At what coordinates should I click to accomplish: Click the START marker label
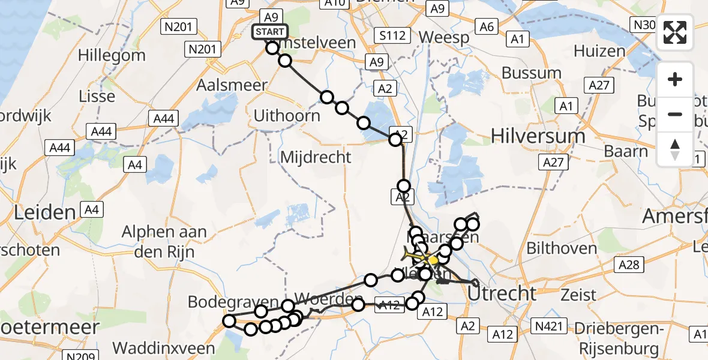(x=270, y=32)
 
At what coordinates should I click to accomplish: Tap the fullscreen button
(x=675, y=33)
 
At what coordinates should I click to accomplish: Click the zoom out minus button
(x=675, y=114)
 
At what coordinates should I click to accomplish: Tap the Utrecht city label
(x=502, y=294)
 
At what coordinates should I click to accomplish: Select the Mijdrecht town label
(x=316, y=158)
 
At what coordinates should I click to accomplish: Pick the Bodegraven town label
(x=233, y=301)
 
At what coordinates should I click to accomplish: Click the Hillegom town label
(x=112, y=56)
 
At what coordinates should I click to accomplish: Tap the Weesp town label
(x=443, y=37)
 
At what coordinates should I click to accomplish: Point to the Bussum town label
(x=523, y=73)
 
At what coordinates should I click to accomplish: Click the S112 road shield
(x=391, y=36)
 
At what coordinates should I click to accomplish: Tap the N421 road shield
(x=550, y=326)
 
